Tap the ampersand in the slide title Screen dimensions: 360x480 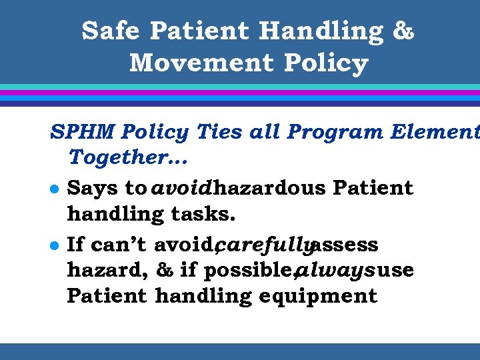coord(403,31)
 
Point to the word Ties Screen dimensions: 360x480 coord(217,132)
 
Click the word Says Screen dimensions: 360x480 coord(93,188)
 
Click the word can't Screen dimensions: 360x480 coord(118,245)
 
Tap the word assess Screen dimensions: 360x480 coord(345,245)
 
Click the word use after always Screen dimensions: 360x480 coord(396,270)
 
